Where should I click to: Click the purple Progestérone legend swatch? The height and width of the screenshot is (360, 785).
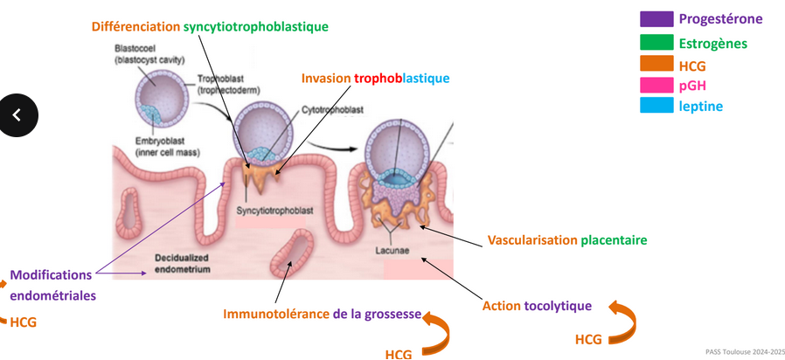click(x=656, y=19)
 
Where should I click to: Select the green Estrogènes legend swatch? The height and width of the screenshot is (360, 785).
click(x=656, y=42)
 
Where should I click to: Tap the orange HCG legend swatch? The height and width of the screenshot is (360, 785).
click(x=656, y=64)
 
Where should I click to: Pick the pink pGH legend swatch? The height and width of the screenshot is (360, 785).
click(x=656, y=85)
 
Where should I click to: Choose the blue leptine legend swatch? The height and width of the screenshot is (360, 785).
click(x=656, y=106)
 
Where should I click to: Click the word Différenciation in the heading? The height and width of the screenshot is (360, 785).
click(x=135, y=26)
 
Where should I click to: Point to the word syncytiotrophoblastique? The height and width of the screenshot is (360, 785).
click(x=256, y=26)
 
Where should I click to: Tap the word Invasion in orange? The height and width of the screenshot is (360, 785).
click(x=326, y=79)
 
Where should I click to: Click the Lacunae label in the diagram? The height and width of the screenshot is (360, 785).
click(x=391, y=247)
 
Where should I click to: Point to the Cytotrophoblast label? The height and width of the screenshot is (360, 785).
click(x=333, y=109)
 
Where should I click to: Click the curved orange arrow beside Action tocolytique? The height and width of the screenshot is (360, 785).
click(x=622, y=318)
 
